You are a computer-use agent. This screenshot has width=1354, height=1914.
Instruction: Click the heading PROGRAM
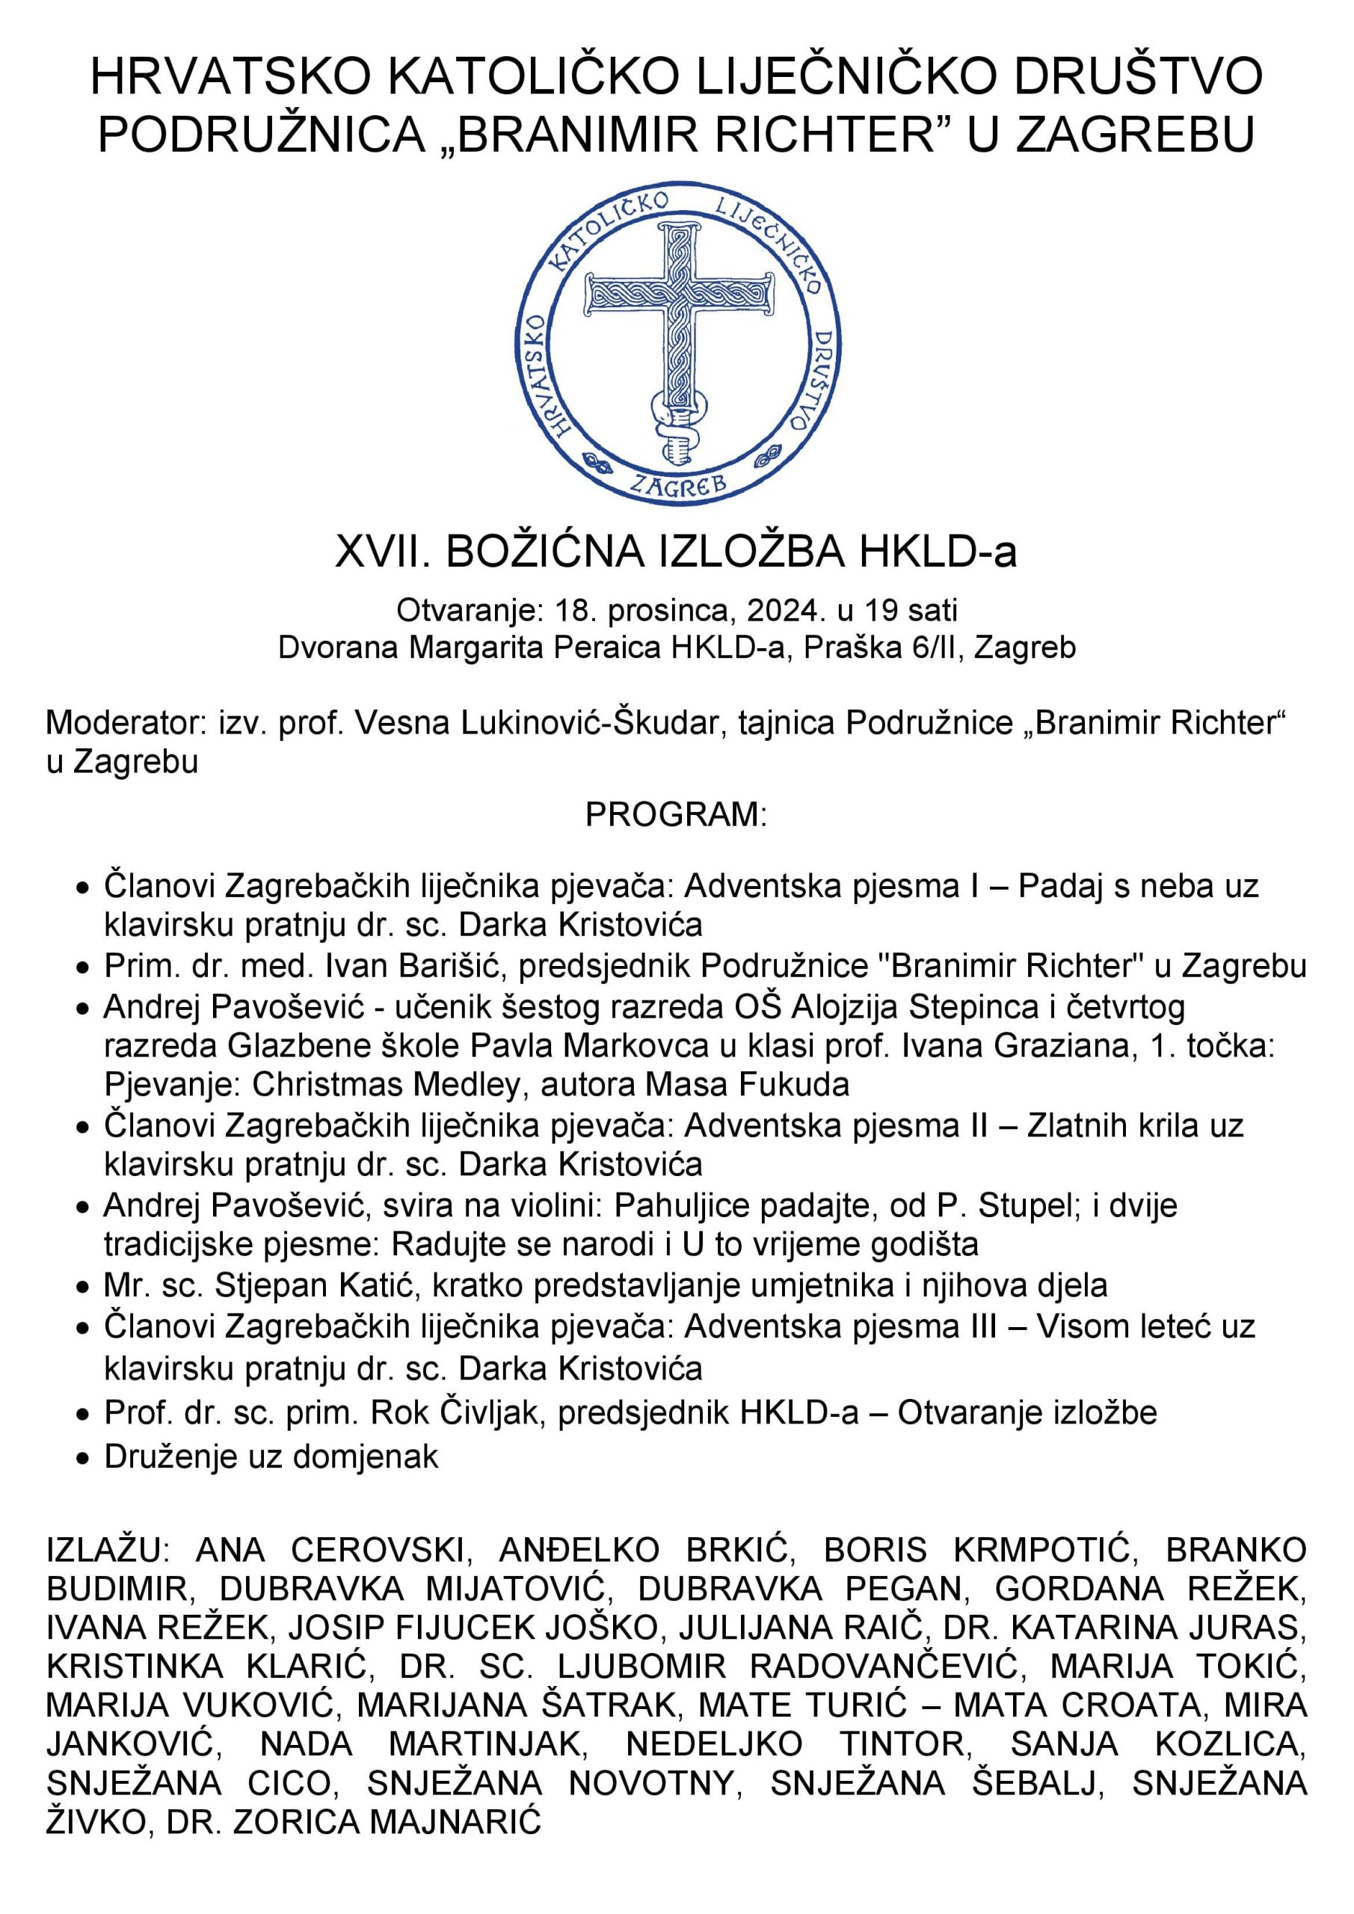[x=676, y=813]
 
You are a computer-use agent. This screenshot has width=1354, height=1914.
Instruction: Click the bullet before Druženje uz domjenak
[x=81, y=1458]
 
